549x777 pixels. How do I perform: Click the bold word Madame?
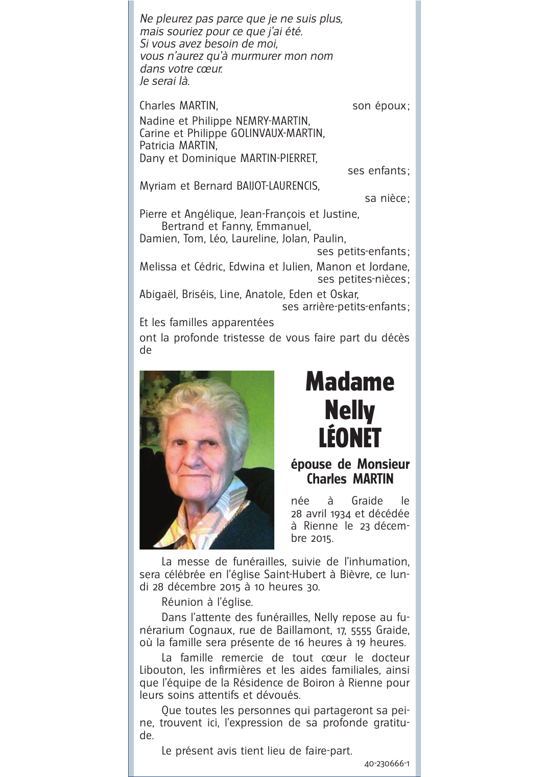point(350,382)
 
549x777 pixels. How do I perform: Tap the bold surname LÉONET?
point(350,438)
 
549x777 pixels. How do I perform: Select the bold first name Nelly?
point(350,410)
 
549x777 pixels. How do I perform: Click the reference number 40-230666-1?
point(387,764)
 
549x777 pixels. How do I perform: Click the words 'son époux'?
point(380,106)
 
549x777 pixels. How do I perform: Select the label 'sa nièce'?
point(386,198)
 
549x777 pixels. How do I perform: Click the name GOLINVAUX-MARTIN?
point(278,133)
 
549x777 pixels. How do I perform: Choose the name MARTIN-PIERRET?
point(278,158)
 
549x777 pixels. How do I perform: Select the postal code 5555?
point(361,630)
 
